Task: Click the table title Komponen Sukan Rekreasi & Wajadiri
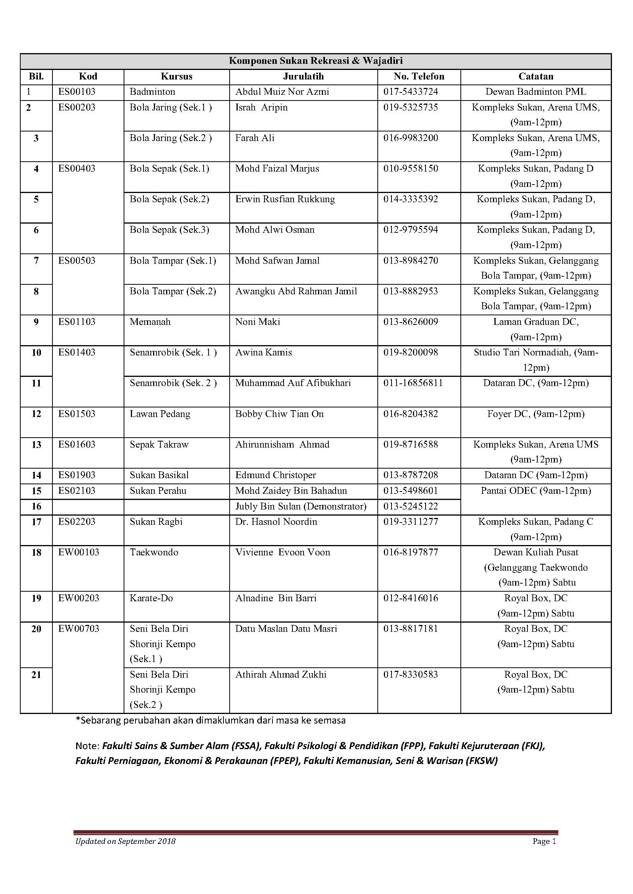pos(316,61)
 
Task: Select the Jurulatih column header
pos(303,76)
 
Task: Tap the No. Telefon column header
pos(419,76)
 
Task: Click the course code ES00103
pos(77,92)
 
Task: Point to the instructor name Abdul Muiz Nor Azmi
pos(282,92)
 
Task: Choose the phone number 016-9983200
pos(410,138)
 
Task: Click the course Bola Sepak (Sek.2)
pos(169,200)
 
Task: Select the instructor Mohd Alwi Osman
pos(274,230)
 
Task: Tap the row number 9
pos(36,322)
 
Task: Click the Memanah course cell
pos(150,322)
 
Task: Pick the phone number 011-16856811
pos(413,383)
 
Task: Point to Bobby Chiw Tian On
pos(279,414)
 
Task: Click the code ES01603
pos(77,445)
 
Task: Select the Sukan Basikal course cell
pos(159,475)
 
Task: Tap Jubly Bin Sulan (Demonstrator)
pos(300,506)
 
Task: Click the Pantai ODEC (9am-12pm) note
pos(535,491)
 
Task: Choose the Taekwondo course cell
pos(154,552)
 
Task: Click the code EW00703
pos(79,628)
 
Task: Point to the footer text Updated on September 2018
pos(125,841)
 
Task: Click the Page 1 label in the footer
pos(544,841)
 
